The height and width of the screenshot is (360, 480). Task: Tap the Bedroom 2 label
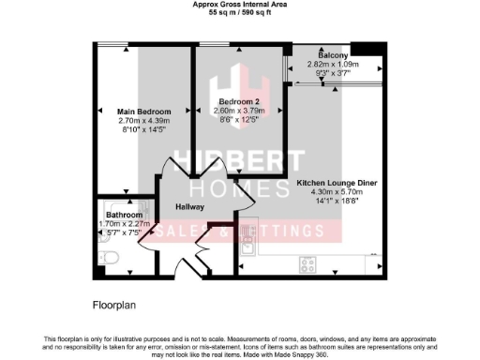(238, 101)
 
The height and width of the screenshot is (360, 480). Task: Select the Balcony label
(334, 55)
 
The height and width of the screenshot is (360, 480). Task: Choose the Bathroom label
(124, 215)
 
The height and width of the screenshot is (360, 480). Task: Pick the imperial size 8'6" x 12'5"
(238, 120)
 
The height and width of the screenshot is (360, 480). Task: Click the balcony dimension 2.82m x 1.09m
(334, 65)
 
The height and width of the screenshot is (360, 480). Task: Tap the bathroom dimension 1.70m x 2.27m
(124, 224)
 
